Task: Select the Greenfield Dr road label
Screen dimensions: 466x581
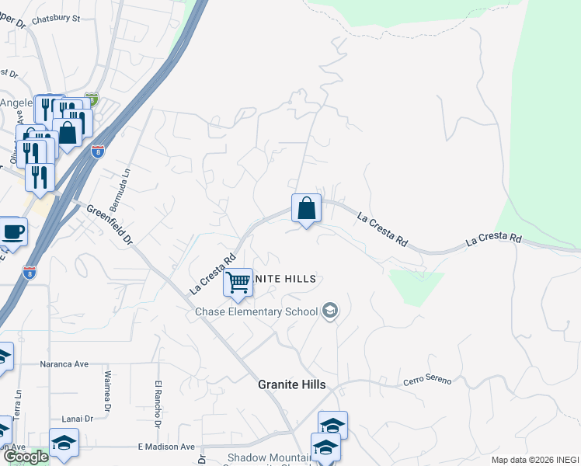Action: [110, 226]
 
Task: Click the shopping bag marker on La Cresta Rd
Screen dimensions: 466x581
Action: [306, 208]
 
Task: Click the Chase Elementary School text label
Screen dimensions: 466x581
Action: [256, 311]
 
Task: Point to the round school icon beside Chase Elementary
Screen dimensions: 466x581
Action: [330, 311]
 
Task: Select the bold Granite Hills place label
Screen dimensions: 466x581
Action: [291, 384]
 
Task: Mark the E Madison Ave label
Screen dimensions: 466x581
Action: [166, 447]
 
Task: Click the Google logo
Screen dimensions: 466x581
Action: [25, 457]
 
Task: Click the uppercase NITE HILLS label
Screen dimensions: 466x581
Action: [286, 278]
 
